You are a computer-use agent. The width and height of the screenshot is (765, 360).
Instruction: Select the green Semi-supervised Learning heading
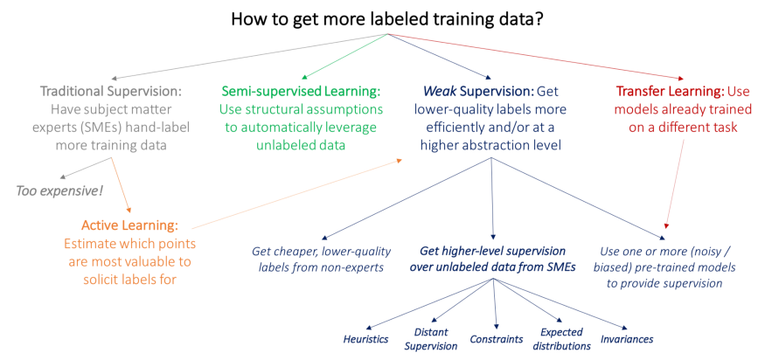[x=301, y=91]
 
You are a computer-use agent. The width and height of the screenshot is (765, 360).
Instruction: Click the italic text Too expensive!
[x=59, y=190]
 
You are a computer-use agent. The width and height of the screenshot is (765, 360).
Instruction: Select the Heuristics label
[x=366, y=338]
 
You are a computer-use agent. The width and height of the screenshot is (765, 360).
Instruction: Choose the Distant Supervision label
[x=431, y=339]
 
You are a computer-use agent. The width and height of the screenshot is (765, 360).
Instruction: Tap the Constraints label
[x=497, y=338]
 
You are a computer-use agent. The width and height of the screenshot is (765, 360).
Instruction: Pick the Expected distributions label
[x=562, y=339]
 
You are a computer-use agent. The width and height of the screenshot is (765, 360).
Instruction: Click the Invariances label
[x=627, y=338]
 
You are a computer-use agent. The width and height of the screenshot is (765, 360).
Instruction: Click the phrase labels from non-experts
[x=321, y=267]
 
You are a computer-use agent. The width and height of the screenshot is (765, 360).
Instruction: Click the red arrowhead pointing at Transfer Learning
[x=680, y=78]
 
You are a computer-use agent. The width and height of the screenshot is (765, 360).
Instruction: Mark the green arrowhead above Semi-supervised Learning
[x=305, y=77]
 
